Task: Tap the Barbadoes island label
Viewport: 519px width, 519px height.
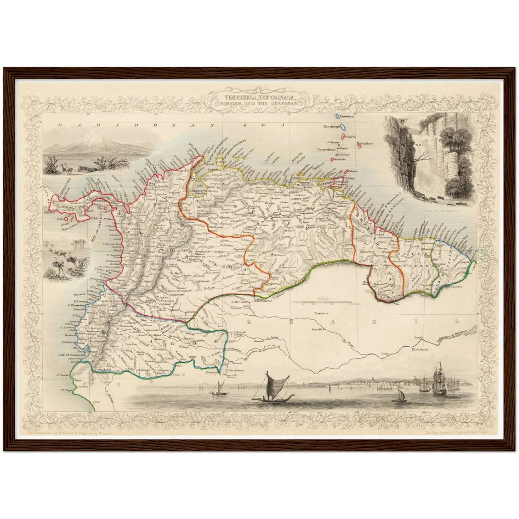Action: click(x=365, y=143)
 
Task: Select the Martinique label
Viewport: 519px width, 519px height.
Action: click(x=331, y=127)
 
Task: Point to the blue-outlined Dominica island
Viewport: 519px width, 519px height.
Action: click(x=337, y=117)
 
